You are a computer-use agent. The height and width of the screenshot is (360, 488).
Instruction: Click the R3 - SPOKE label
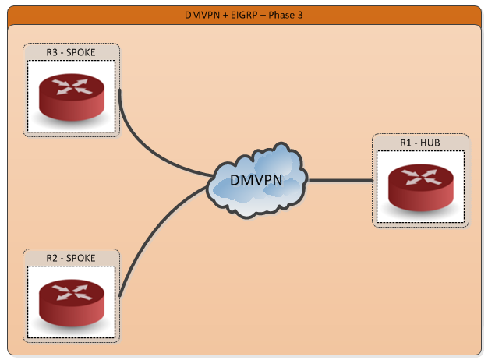[71, 52]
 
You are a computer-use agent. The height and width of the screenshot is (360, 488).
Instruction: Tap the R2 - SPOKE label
[71, 258]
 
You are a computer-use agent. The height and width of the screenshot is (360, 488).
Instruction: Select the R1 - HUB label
[420, 143]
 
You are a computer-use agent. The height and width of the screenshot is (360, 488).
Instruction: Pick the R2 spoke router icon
[71, 301]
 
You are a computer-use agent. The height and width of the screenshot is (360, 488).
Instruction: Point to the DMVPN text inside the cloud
[256, 181]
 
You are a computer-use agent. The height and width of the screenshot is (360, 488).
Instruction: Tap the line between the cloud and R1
[341, 181]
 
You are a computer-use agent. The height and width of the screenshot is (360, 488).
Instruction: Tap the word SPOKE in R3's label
[81, 52]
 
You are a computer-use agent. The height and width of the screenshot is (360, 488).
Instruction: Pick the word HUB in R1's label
[431, 143]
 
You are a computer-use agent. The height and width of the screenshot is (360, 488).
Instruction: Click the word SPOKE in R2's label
[81, 258]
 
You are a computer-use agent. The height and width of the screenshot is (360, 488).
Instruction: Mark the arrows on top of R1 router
[420, 176]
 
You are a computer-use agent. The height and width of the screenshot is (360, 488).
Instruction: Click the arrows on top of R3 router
[71, 86]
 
